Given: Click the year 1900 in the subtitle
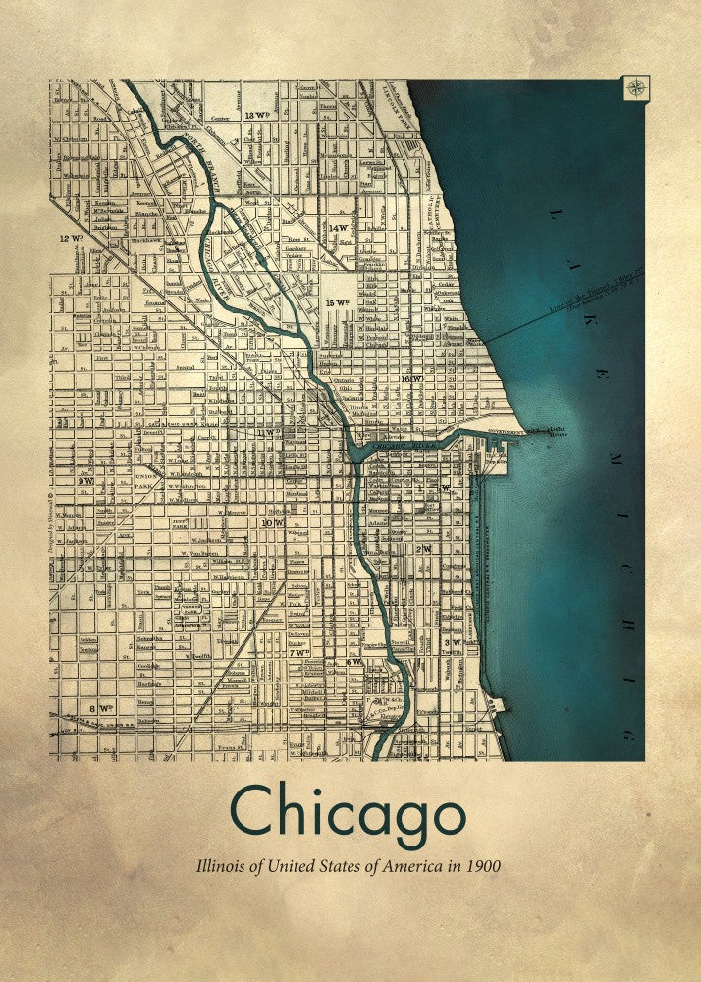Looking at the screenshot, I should coord(481,868).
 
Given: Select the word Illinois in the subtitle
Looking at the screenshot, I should coord(223,868).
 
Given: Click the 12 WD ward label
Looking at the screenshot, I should coord(71,238).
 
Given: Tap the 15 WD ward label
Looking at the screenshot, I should coord(338,302).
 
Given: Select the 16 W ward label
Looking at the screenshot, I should coord(411,378).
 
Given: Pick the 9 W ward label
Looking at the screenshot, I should coord(86,481).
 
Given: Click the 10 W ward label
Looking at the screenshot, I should coord(272,523).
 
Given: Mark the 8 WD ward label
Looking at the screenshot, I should coord(101,707).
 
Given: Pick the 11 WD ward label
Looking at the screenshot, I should coord(268,432).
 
